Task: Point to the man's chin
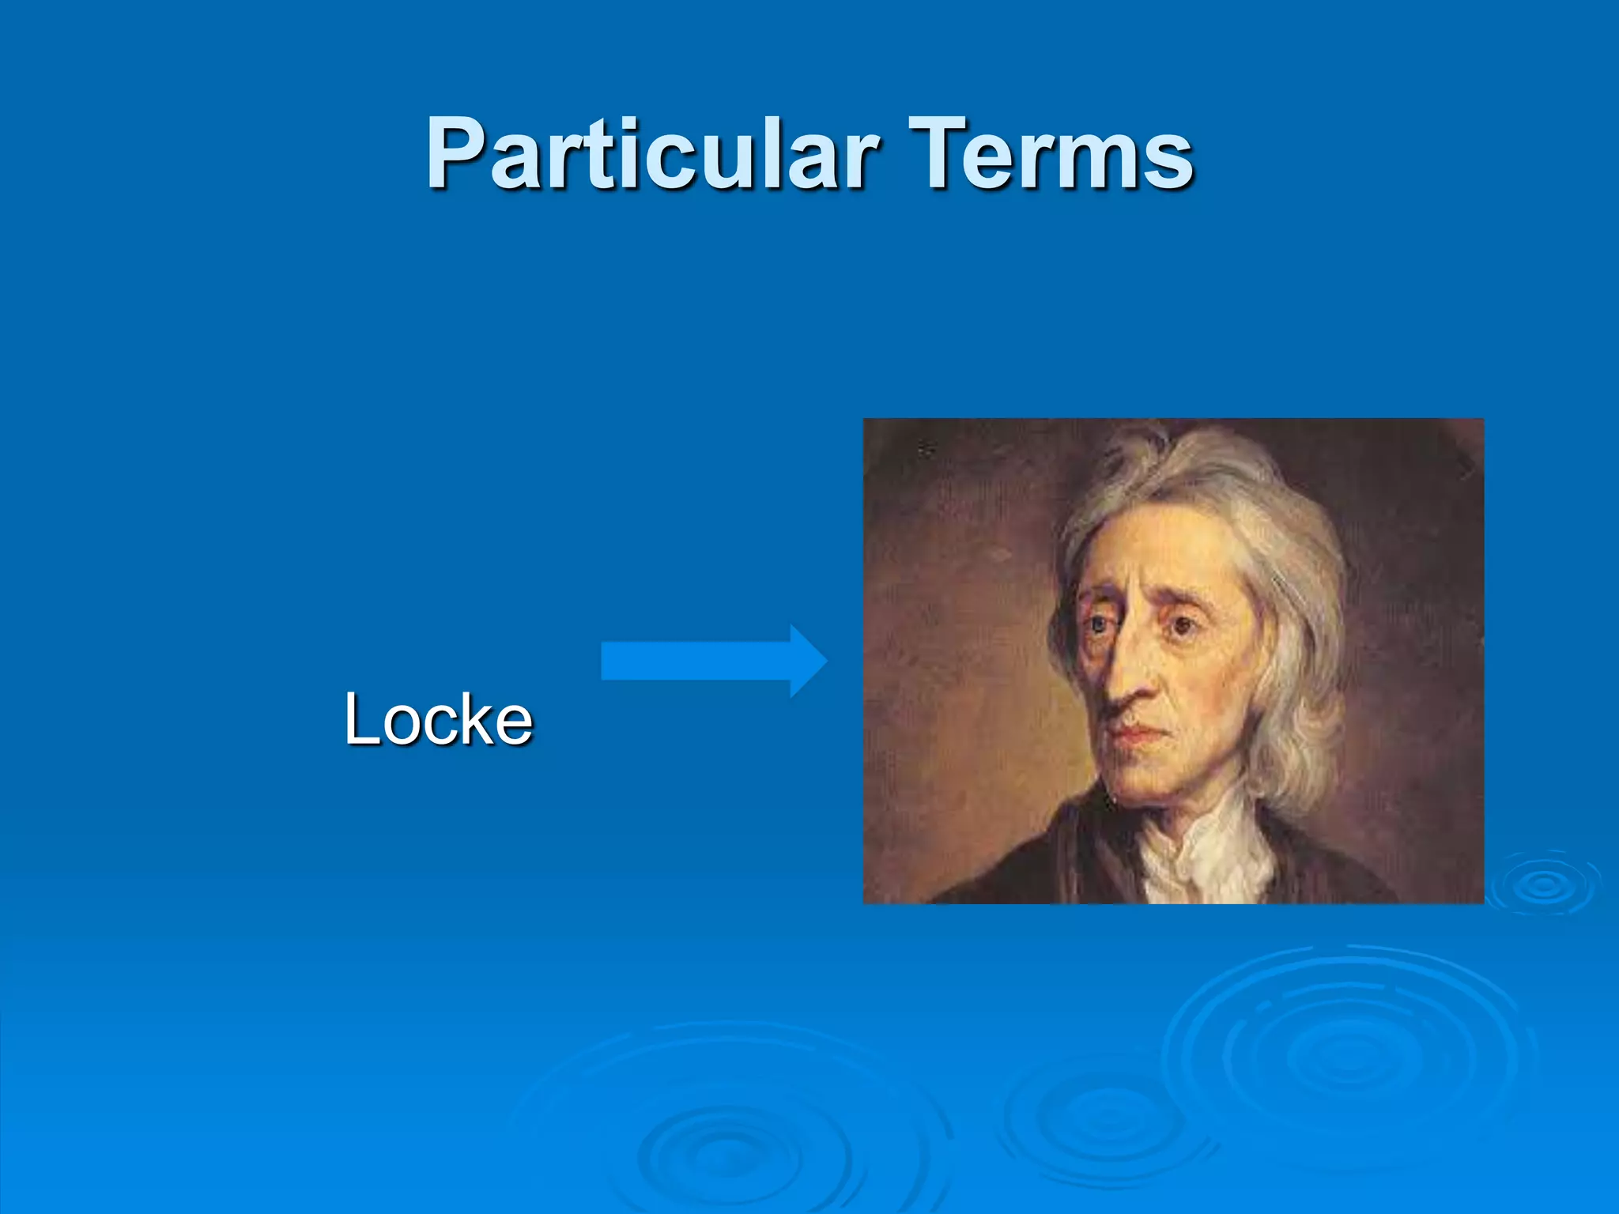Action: point(1146,779)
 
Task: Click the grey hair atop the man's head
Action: point(1186,466)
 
